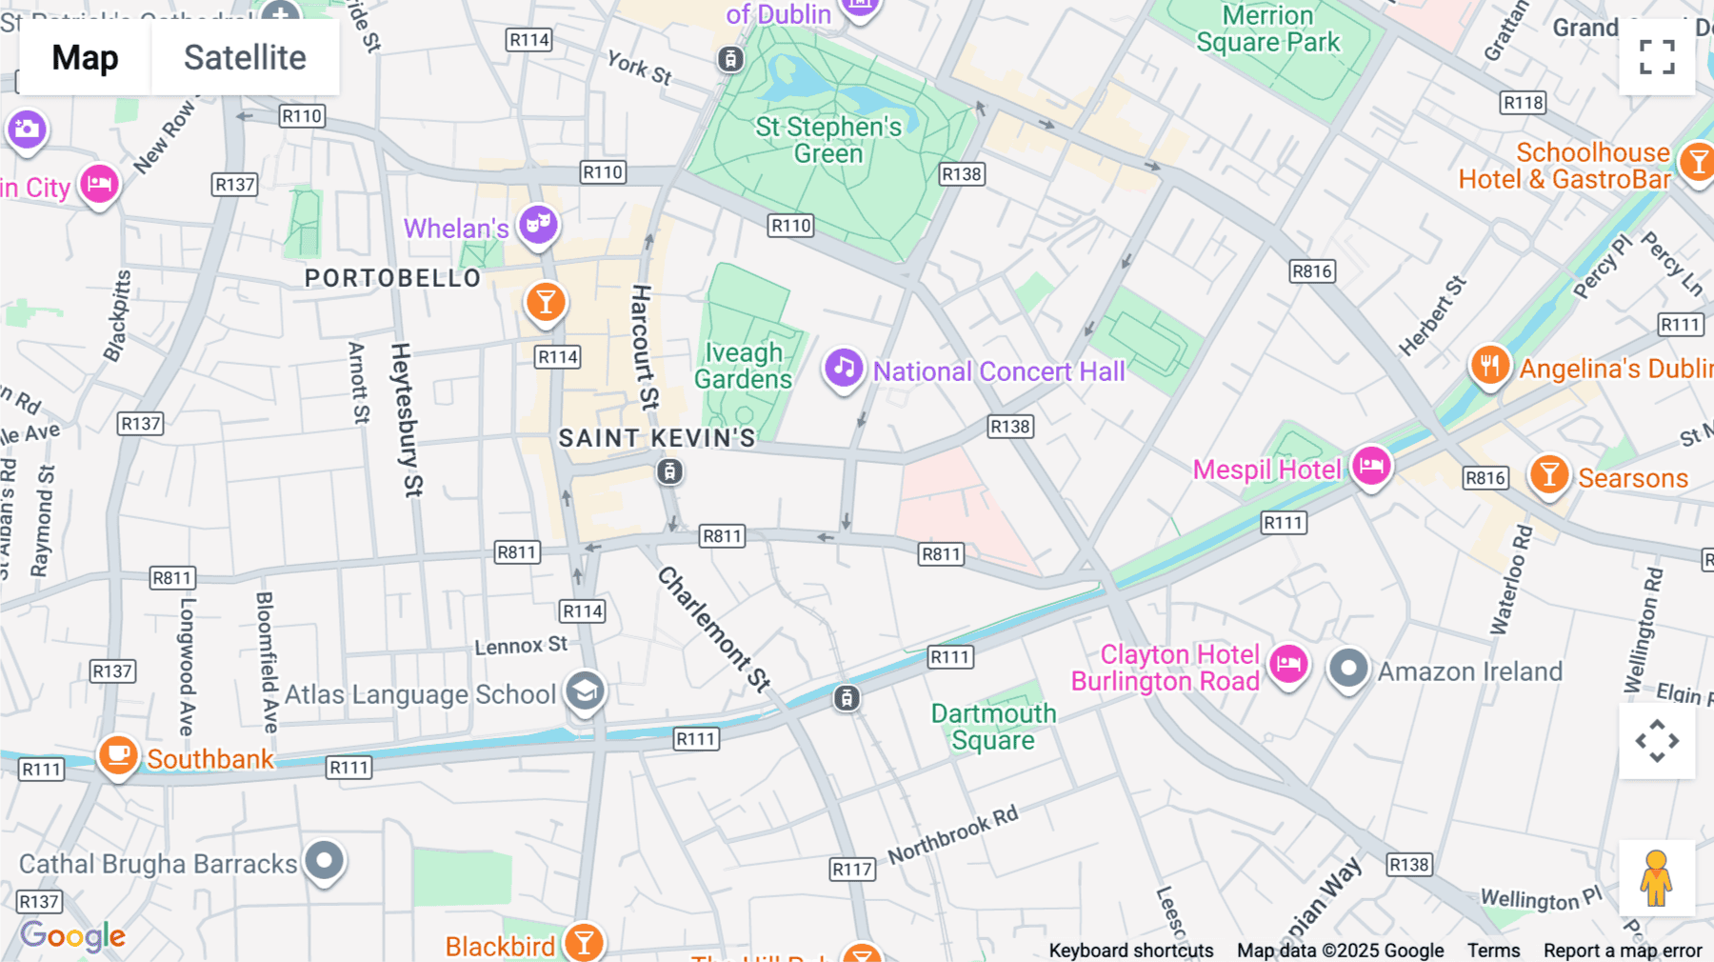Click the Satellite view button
[x=245, y=58]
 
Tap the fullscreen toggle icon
[x=1657, y=57]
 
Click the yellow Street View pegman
[x=1656, y=878]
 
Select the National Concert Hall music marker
[x=843, y=368]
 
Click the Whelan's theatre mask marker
[x=538, y=225]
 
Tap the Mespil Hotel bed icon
[x=1371, y=466]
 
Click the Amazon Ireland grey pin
[x=1348, y=669]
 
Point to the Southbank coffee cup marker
[x=118, y=756]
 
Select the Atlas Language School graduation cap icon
[x=585, y=691]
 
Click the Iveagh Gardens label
[x=743, y=366]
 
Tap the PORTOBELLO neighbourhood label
[x=392, y=278]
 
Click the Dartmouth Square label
[x=993, y=727]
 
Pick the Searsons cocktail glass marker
[x=1548, y=474]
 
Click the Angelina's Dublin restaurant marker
[x=1489, y=366]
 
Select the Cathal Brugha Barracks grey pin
[x=325, y=861]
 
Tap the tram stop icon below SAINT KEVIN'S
[x=669, y=471]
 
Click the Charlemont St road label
[x=714, y=629]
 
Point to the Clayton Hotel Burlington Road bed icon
[x=1288, y=664]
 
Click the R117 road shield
[x=851, y=869]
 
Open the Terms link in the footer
[x=1493, y=951]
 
